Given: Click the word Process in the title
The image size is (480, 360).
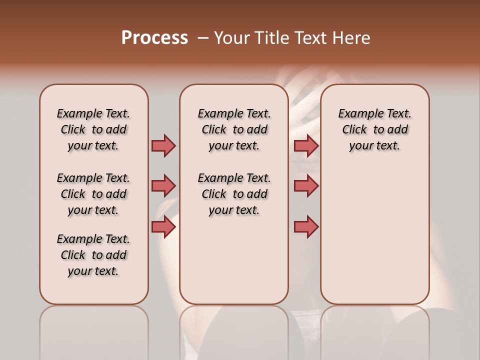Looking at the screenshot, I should (x=154, y=38).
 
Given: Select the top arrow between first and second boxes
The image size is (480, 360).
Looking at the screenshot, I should (x=163, y=145).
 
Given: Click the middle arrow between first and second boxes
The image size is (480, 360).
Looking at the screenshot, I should (x=163, y=186).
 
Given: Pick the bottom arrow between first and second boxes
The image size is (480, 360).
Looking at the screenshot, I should (x=163, y=227).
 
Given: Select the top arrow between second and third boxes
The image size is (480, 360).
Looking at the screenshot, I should (x=306, y=145).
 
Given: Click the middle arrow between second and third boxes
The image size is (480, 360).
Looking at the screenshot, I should (x=306, y=186).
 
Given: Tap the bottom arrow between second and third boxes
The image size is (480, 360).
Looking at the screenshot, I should (x=306, y=227).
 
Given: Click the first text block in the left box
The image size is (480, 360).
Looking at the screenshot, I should (x=93, y=129).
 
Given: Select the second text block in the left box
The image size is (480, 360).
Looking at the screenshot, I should (x=93, y=194).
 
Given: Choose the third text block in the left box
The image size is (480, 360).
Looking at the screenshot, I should (x=93, y=255).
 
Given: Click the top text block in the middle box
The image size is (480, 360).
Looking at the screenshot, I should (x=234, y=129).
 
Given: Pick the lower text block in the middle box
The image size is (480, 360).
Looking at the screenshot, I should (x=234, y=194).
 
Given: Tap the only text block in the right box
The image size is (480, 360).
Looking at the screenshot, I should (x=374, y=129).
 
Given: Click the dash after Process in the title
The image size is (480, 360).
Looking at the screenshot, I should (x=203, y=38).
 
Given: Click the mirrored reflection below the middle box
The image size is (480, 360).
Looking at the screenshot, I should (x=234, y=330).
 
